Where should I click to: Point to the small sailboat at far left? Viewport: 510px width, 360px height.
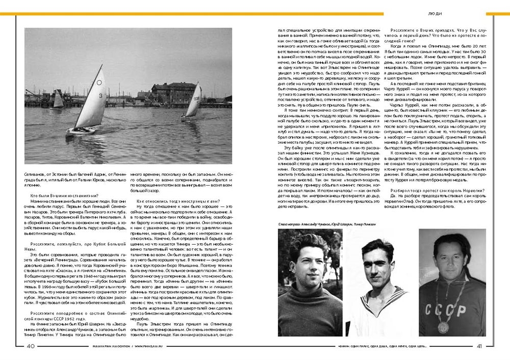coord(58,99)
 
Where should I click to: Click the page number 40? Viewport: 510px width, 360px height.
coord(30,346)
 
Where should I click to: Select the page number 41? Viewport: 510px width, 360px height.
coord(479,346)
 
